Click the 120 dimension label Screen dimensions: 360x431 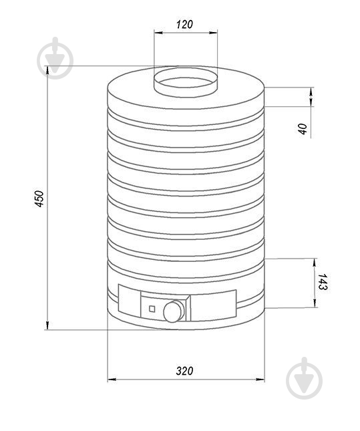pos(184,25)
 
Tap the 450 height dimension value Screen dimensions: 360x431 pos(39,198)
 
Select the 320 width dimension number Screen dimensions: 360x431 pos(184,371)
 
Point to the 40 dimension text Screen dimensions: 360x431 pos(303,129)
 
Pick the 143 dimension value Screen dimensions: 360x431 pos(323,282)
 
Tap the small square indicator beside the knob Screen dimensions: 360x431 pos(152,309)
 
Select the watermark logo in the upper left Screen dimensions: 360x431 pos(55,58)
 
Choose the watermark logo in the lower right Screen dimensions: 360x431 pos(304,378)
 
